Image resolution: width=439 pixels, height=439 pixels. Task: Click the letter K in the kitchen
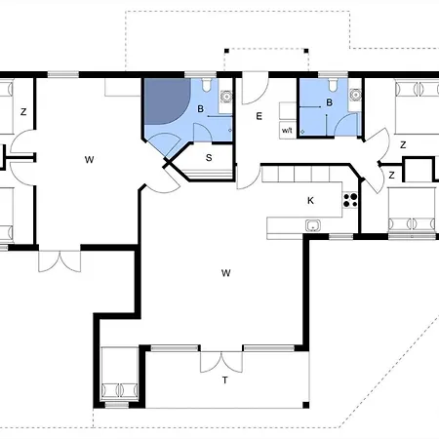[310, 201]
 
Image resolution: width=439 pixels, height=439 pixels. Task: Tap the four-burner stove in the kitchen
[350, 200]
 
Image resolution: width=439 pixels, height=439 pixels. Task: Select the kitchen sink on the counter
[313, 225]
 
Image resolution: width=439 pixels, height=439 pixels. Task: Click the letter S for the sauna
[209, 158]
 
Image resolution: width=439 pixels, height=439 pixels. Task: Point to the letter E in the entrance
[259, 116]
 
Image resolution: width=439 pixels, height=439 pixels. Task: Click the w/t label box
[288, 131]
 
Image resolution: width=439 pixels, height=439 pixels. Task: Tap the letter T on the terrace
[224, 379]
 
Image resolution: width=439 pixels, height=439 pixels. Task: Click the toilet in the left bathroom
[206, 85]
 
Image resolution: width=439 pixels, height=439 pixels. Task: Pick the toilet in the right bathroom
[333, 85]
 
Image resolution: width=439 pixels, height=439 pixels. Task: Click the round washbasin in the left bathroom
[225, 97]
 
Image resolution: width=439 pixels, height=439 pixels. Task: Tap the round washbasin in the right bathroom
[355, 95]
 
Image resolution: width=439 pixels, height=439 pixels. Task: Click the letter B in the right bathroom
[329, 102]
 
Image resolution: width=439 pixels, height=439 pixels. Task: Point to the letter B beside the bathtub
[201, 109]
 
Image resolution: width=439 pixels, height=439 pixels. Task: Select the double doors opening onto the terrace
[221, 362]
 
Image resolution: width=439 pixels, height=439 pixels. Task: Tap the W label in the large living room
[225, 273]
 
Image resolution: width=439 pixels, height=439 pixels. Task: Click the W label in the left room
[89, 160]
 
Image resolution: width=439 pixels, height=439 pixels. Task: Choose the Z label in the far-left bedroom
[23, 112]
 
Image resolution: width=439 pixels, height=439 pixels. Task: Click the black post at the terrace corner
[305, 405]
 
